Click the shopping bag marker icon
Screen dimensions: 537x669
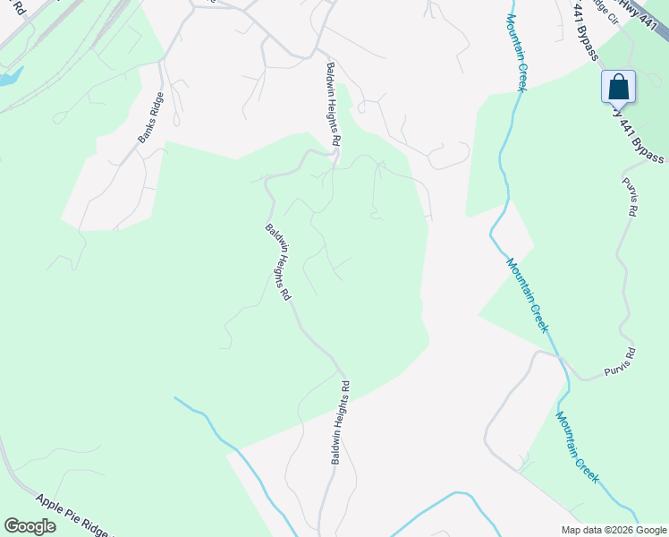point(618,88)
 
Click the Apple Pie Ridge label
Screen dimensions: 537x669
point(75,515)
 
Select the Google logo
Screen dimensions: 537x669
point(30,526)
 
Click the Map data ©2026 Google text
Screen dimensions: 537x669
point(614,530)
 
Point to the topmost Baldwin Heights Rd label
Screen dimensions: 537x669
point(333,105)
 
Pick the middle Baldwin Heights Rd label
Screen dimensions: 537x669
point(279,260)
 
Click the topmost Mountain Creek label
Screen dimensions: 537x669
point(516,52)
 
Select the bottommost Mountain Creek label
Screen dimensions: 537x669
point(577,447)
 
